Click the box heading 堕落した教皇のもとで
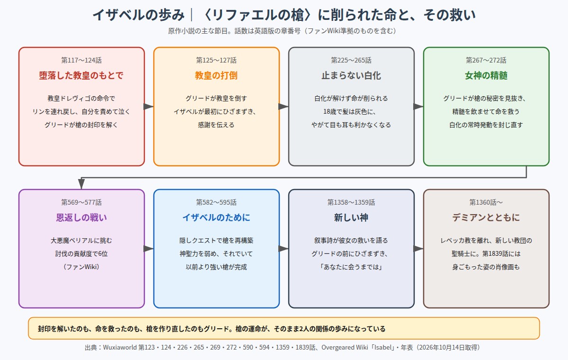pos(81,76)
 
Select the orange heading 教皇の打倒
pos(216,76)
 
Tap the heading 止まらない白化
pos(351,76)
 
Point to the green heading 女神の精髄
pos(486,76)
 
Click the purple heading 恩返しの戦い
pos(81,218)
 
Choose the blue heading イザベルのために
pos(216,218)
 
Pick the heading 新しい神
pos(351,218)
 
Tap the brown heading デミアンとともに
pos(486,218)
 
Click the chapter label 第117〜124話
pos(81,60)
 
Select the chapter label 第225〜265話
pos(351,60)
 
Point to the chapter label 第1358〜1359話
pos(351,202)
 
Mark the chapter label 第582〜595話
pos(216,202)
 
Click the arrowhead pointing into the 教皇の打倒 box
pos(149,107)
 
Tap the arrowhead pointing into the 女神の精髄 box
pos(418,107)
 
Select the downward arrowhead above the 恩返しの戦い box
pos(81,184)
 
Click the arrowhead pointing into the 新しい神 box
pos(284,249)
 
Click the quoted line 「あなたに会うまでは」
pos(351,267)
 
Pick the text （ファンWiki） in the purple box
pos(81,267)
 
